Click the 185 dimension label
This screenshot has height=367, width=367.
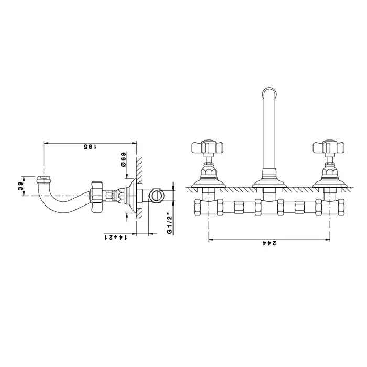[x=90, y=147]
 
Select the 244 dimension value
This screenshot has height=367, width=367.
[x=269, y=243]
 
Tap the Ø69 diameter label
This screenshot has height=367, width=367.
[x=123, y=159]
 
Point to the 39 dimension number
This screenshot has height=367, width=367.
[x=21, y=186]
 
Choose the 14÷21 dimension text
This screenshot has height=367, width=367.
[x=116, y=238]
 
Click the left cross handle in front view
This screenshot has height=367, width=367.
[x=208, y=147]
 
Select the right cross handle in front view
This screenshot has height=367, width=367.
[x=329, y=147]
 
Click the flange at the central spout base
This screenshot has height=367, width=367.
[x=269, y=182]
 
